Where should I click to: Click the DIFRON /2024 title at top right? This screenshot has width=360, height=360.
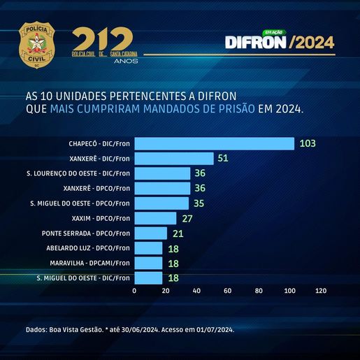click(x=279, y=42)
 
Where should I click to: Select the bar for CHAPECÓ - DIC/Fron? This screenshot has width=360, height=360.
click(x=214, y=143)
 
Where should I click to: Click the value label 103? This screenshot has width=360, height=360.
click(x=308, y=143)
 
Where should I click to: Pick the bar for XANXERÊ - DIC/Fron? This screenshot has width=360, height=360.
click(x=174, y=159)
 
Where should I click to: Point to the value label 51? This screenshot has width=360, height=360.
click(x=224, y=159)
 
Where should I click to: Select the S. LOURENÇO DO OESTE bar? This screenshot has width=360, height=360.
click(x=162, y=173)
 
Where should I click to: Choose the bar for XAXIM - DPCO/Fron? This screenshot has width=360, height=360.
click(x=155, y=218)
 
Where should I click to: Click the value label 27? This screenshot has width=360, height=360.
click(x=187, y=219)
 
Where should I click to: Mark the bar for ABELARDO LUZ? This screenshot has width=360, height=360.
click(x=148, y=248)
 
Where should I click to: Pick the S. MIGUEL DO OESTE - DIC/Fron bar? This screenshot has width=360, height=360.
click(x=148, y=278)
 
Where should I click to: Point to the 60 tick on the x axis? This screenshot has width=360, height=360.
click(x=227, y=290)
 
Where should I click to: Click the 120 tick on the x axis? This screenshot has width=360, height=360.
click(x=321, y=290)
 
